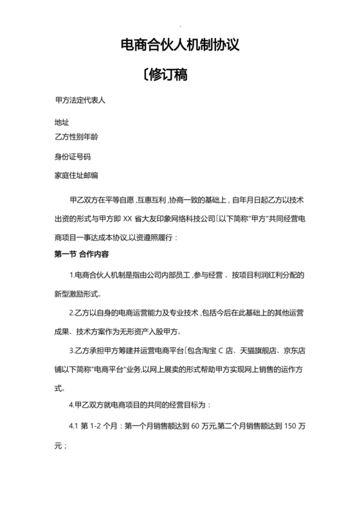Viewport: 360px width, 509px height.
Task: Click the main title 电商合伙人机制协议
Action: click(x=180, y=46)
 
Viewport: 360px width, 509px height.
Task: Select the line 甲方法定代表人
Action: click(x=80, y=102)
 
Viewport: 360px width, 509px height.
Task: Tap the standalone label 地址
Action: click(x=62, y=122)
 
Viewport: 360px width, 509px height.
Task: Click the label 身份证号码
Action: click(x=73, y=156)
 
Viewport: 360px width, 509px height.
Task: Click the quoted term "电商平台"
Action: click(x=105, y=370)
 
